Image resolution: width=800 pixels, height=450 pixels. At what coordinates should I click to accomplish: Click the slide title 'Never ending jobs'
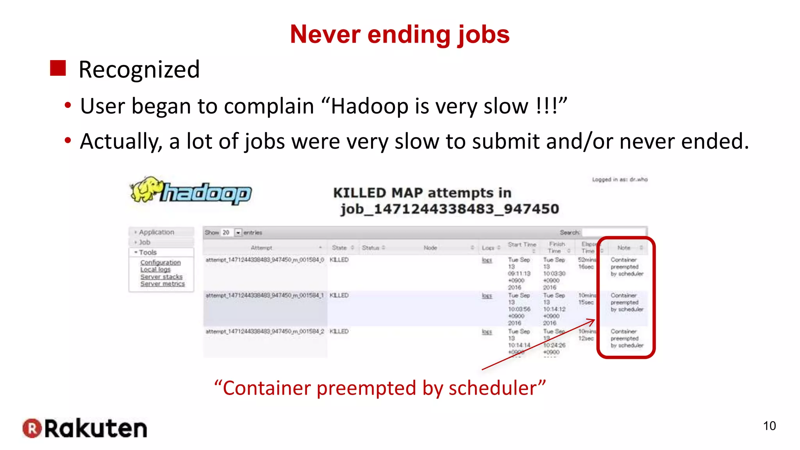400,34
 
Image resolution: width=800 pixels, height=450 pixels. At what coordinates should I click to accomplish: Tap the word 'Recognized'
139,70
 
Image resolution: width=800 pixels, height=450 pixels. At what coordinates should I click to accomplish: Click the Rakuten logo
85,428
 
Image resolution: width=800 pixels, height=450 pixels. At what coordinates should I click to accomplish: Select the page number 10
769,426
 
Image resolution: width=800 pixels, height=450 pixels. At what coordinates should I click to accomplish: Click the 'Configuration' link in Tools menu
161,262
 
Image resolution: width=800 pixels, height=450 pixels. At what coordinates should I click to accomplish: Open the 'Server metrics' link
162,284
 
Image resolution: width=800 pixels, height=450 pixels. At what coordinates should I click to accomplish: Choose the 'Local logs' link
155,270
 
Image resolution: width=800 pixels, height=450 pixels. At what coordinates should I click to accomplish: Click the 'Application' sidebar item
157,232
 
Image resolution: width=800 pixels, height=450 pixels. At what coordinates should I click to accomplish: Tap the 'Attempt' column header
261,248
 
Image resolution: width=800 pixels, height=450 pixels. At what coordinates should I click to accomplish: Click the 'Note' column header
624,248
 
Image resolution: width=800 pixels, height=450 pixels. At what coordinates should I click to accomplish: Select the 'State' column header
339,248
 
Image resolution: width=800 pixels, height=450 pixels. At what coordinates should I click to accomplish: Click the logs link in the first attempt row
487,260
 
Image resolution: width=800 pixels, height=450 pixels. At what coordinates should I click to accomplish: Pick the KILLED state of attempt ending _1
339,295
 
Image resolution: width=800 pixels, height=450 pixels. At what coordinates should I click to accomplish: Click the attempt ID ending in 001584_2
265,331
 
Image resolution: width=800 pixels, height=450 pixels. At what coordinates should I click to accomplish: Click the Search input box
613,232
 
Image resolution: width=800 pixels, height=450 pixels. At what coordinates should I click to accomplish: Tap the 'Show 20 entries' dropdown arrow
238,232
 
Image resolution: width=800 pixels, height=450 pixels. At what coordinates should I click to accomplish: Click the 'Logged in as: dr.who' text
620,179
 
